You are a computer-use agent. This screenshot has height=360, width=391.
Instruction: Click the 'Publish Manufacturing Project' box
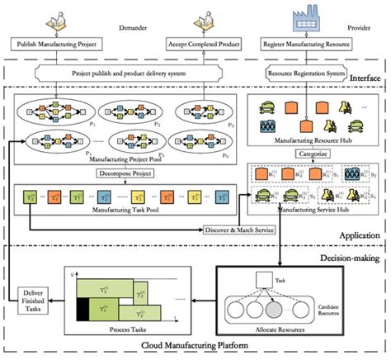[65, 41]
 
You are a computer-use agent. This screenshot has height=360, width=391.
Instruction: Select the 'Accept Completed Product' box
[193, 41]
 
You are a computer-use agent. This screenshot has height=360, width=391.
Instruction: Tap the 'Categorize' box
[307, 153]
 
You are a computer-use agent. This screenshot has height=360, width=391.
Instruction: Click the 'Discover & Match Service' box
[244, 229]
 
